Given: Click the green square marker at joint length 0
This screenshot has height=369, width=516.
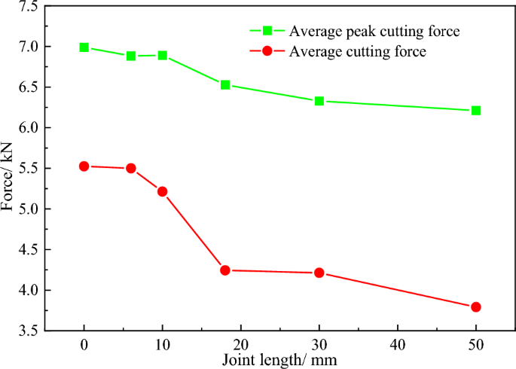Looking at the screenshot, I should pyautogui.click(x=84, y=47).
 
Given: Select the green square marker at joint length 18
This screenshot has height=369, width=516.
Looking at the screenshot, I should pyautogui.click(x=225, y=85).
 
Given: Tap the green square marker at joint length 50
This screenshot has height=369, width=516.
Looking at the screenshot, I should pyautogui.click(x=475, y=111).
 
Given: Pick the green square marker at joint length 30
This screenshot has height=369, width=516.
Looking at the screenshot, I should pyautogui.click(x=319, y=101).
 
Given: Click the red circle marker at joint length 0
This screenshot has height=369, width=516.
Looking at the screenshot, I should pyautogui.click(x=84, y=166).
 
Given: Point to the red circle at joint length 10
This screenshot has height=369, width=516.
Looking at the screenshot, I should pyautogui.click(x=162, y=191).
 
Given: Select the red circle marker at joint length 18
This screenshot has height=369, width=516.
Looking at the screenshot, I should pyautogui.click(x=225, y=270).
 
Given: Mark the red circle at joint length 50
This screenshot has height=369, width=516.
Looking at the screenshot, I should pyautogui.click(x=475, y=306).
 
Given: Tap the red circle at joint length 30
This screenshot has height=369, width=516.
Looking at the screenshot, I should pyautogui.click(x=319, y=273).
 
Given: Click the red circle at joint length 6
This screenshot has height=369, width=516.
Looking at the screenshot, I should pyautogui.click(x=131, y=169).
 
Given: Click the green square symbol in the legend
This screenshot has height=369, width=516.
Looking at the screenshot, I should pyautogui.click(x=267, y=31).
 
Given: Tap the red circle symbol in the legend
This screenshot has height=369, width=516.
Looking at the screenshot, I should pyautogui.click(x=267, y=51).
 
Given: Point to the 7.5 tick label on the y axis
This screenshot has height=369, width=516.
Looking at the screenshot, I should pyautogui.click(x=29, y=7).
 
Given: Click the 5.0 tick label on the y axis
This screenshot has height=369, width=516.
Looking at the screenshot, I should pyautogui.click(x=29, y=209).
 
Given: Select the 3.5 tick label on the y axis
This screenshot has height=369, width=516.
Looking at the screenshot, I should pyautogui.click(x=29, y=331).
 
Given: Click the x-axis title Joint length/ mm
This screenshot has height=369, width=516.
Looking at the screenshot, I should pyautogui.click(x=279, y=360).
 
